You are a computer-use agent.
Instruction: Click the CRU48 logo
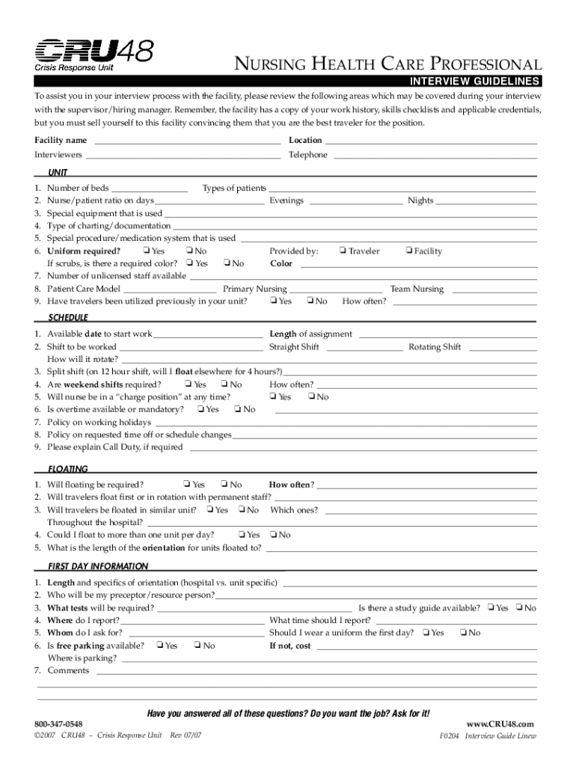click(94, 54)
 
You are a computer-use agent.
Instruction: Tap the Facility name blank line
click(186, 141)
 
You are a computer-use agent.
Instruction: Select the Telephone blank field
click(435, 156)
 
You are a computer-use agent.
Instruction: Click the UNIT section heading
click(58, 172)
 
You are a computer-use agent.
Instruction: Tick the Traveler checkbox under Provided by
click(343, 251)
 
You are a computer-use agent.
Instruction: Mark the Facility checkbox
click(408, 251)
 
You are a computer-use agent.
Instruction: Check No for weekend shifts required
click(224, 384)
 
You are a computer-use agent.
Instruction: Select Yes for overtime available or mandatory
click(200, 409)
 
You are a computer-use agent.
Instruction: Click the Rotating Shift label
click(434, 347)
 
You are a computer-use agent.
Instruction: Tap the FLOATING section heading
click(68, 469)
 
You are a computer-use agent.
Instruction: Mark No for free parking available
click(197, 646)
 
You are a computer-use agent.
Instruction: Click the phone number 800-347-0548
click(58, 725)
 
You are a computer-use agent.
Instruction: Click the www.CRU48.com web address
click(500, 724)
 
